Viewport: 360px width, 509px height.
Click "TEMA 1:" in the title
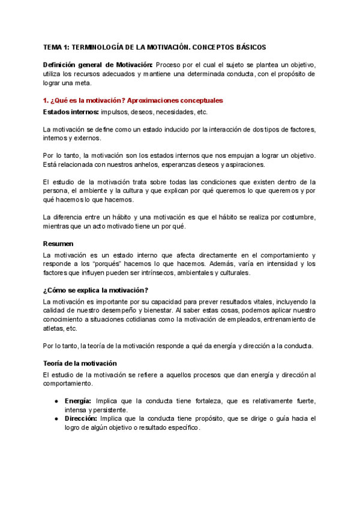[57, 47]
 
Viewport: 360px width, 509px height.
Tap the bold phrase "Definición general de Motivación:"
[98, 65]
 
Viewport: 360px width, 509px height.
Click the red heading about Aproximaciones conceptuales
[133, 100]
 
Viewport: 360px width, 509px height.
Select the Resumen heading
[58, 227]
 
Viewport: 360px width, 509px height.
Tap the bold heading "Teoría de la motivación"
[80, 363]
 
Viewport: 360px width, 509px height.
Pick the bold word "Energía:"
[78, 400]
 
